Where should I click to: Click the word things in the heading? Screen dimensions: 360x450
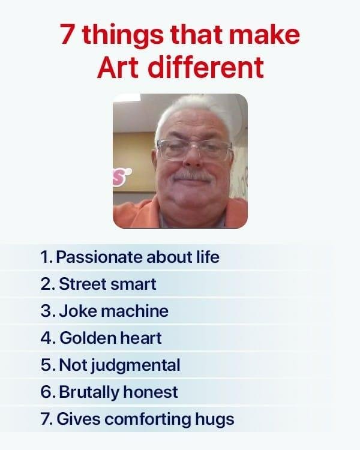124,36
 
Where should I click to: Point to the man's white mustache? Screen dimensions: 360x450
193,176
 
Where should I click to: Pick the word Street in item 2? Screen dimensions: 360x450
83,284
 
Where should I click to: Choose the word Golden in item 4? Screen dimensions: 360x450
87,338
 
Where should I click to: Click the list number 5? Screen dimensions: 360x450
46,365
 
